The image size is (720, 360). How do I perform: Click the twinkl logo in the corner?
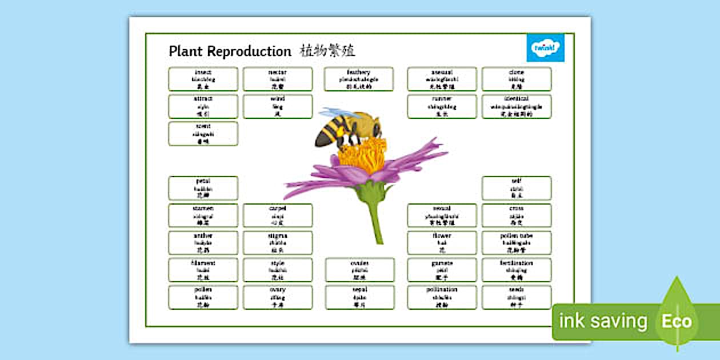click(x=545, y=47)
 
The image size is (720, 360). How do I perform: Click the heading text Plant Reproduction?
click(x=230, y=51)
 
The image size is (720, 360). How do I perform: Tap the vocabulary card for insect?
click(x=203, y=79)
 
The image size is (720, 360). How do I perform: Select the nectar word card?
click(x=278, y=79)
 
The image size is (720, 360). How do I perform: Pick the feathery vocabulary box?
click(x=359, y=79)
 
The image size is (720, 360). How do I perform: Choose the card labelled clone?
click(x=517, y=79)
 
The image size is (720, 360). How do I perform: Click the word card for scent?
click(x=203, y=133)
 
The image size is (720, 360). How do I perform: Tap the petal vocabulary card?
click(x=203, y=188)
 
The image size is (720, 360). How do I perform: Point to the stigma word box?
click(x=278, y=242)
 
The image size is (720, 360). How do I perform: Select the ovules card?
click(x=360, y=270)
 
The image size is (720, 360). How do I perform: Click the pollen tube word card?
click(x=517, y=242)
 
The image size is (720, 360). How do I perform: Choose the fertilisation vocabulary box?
click(x=517, y=270)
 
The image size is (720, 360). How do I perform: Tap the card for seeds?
click(x=517, y=297)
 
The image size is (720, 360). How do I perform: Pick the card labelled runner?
click(x=442, y=106)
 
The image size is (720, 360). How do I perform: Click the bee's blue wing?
click(x=340, y=113)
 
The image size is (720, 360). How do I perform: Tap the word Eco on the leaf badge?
click(x=677, y=321)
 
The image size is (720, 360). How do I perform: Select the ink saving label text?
click(x=603, y=321)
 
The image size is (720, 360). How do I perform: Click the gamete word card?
click(x=442, y=270)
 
